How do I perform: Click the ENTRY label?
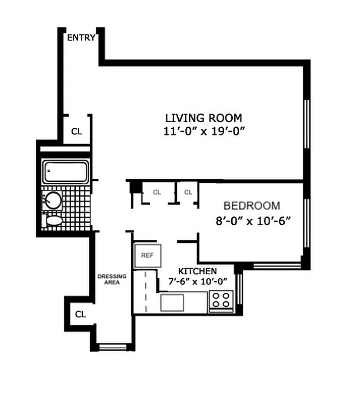coord(81,37)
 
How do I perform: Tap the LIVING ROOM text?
coord(203,118)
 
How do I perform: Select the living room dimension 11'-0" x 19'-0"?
coord(203,131)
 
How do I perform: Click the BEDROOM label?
coord(251,206)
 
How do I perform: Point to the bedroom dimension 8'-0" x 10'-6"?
coord(251,220)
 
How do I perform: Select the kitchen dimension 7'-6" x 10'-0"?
coord(198,281)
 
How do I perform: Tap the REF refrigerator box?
coord(147,256)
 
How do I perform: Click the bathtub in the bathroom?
coord(66,172)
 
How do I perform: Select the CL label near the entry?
coord(76,132)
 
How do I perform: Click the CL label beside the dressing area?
coord(80,314)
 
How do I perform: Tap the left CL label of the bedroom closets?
coord(157,192)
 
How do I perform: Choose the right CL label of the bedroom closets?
coord(188,192)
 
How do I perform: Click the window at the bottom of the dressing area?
coord(112,346)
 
